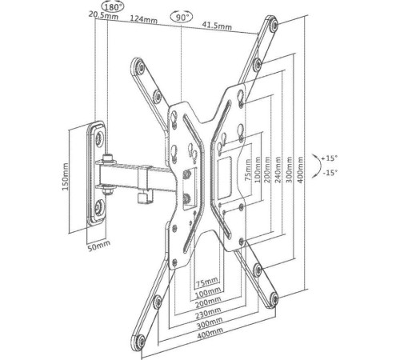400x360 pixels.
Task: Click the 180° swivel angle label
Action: pyautogui.click(x=113, y=7)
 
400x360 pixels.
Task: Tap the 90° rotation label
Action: pyautogui.click(x=181, y=18)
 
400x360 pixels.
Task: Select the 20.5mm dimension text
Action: pyautogui.click(x=103, y=15)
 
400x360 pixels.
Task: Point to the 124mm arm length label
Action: pyautogui.click(x=143, y=19)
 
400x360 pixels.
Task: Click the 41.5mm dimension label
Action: pyautogui.click(x=217, y=25)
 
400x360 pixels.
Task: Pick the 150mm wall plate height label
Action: pyautogui.click(x=66, y=177)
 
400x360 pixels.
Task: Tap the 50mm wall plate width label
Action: pyautogui.click(x=99, y=246)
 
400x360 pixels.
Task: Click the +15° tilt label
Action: pyautogui.click(x=330, y=158)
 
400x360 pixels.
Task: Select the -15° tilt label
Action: pyautogui.click(x=330, y=173)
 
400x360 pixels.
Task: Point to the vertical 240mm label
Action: pyautogui.click(x=278, y=170)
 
